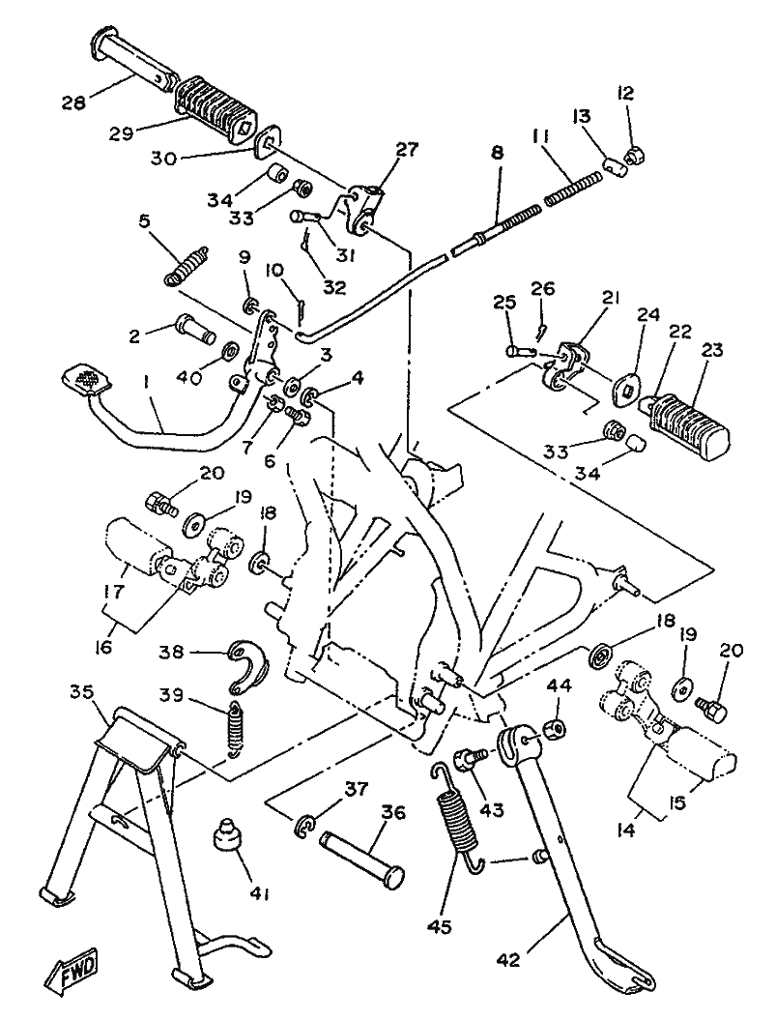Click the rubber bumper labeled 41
point(228,834)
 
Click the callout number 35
point(82,691)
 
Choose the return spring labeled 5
point(186,265)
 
